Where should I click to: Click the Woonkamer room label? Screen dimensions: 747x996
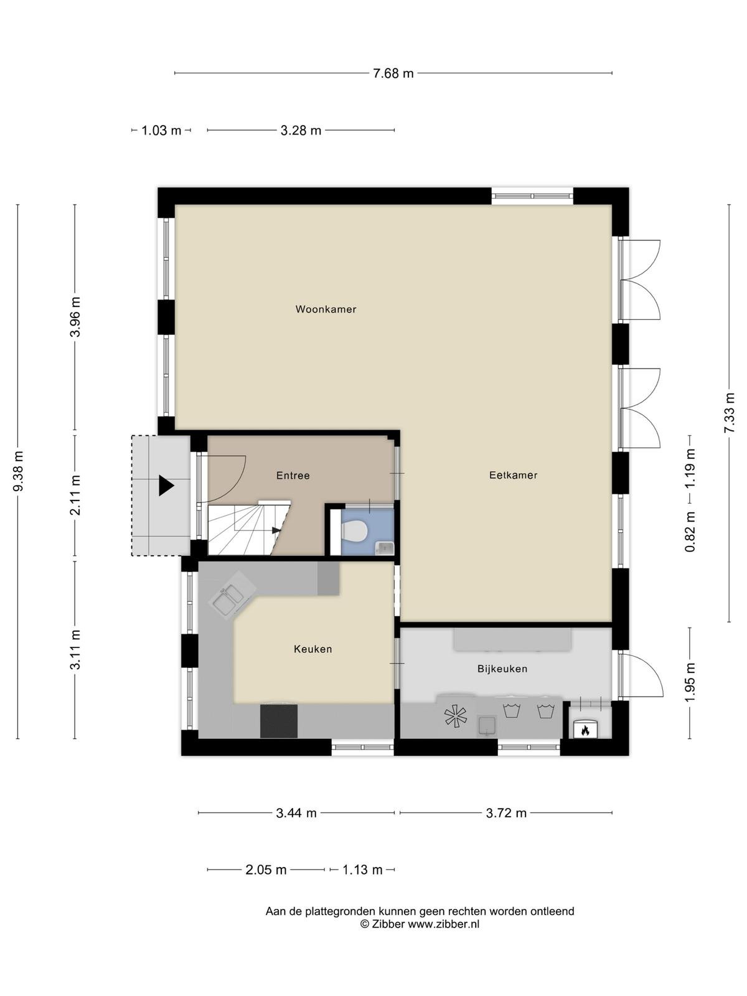point(326,309)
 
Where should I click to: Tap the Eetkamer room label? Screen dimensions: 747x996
point(513,475)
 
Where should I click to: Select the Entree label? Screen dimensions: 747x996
point(293,476)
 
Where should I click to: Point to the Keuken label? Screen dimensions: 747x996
point(313,649)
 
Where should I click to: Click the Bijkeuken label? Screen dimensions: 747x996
point(502,669)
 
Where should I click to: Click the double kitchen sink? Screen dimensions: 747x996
point(232,594)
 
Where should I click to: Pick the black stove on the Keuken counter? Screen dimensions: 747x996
point(279,721)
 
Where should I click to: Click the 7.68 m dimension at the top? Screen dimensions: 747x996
point(393,73)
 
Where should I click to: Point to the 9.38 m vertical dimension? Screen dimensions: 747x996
point(18,471)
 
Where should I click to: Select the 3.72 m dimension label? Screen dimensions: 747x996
point(506,813)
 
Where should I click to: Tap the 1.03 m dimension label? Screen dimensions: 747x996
point(161,131)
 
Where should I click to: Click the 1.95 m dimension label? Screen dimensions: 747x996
point(690,682)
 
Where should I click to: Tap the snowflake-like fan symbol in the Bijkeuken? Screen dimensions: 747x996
point(456,716)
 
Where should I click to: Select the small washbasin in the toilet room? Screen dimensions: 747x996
point(385,548)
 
